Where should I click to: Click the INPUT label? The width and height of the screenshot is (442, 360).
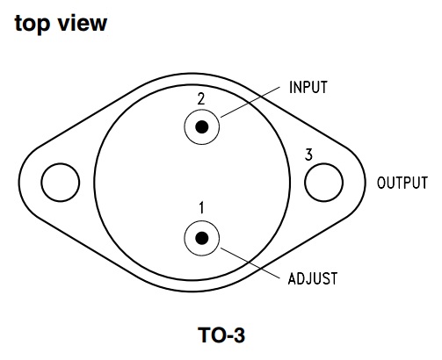point(308,87)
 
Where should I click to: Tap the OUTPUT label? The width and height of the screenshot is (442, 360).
point(402,183)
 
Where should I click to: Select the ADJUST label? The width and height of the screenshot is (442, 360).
point(313,278)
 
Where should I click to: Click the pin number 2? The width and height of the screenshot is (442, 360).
point(201,99)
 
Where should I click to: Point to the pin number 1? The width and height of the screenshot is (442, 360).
point(201,207)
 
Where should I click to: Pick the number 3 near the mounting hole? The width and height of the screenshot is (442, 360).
point(308,155)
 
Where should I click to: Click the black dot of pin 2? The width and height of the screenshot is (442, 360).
point(202,127)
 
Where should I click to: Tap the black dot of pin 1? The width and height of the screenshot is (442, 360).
point(202,238)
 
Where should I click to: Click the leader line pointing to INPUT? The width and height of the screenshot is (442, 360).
point(250,102)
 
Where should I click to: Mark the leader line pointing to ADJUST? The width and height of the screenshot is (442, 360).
point(250,263)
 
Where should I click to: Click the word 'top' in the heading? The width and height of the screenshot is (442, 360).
point(33,24)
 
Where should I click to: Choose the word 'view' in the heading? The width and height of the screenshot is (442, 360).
point(83,23)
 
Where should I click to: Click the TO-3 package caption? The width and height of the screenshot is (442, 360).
point(221,335)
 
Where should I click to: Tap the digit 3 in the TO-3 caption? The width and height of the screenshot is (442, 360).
point(239,335)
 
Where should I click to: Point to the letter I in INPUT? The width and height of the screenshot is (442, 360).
point(291,87)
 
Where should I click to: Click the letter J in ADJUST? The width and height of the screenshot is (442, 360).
point(310,278)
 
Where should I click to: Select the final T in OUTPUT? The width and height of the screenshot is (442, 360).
point(424,183)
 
